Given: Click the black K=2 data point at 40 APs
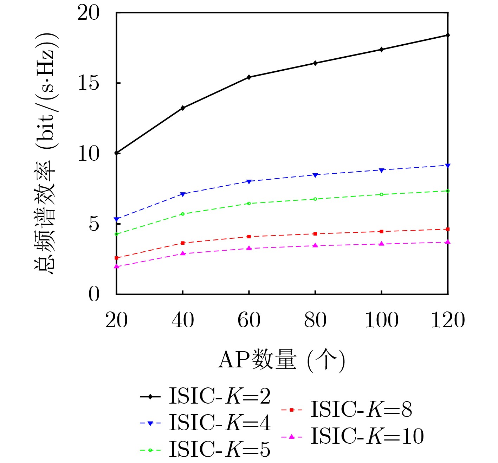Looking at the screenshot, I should [x=183, y=108].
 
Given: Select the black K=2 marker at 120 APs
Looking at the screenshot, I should [x=448, y=35].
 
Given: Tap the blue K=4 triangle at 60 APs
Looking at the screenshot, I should [x=249, y=181].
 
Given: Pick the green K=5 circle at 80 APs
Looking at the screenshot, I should [x=315, y=199].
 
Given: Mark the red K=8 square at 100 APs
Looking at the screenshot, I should [x=381, y=231].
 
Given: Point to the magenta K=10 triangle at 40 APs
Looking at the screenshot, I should [x=183, y=253].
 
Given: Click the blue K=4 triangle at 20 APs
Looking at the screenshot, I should [x=117, y=219].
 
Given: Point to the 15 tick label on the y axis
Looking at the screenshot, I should [x=89, y=83].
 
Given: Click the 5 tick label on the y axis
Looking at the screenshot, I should [x=94, y=224].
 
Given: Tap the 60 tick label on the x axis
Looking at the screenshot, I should [x=249, y=320].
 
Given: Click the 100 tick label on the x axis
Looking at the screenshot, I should [x=381, y=320].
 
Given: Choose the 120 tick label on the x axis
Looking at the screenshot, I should [x=448, y=320].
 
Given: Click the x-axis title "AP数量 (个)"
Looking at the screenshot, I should [x=282, y=360].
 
